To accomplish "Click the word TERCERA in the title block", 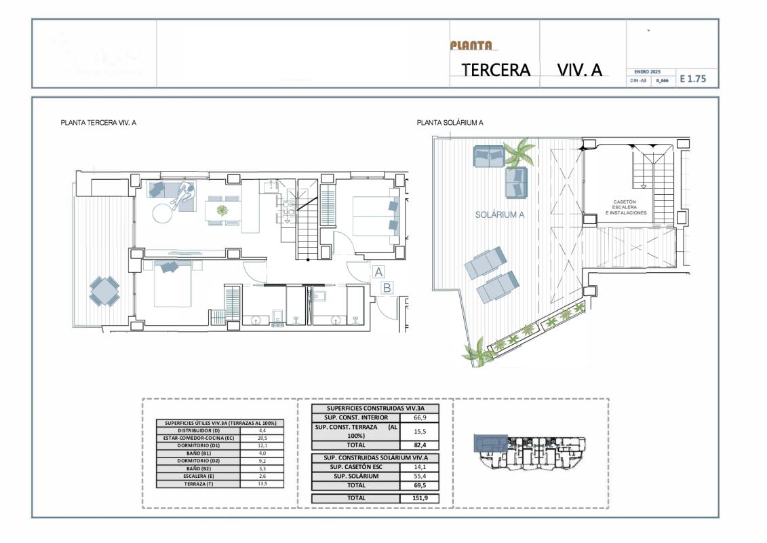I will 495,70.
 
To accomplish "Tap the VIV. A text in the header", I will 579,70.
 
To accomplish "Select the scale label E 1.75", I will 692,79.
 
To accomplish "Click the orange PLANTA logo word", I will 471,45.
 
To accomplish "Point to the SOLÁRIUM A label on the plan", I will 501,214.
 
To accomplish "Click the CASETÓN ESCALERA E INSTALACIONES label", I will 625,207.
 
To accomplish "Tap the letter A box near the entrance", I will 378,271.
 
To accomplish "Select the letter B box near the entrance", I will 387,287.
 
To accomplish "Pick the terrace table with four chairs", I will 104,291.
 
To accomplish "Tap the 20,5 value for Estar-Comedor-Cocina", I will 262,438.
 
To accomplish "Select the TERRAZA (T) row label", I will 199,483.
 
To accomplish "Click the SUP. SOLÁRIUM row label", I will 355,476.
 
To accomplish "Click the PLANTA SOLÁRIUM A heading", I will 450,123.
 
